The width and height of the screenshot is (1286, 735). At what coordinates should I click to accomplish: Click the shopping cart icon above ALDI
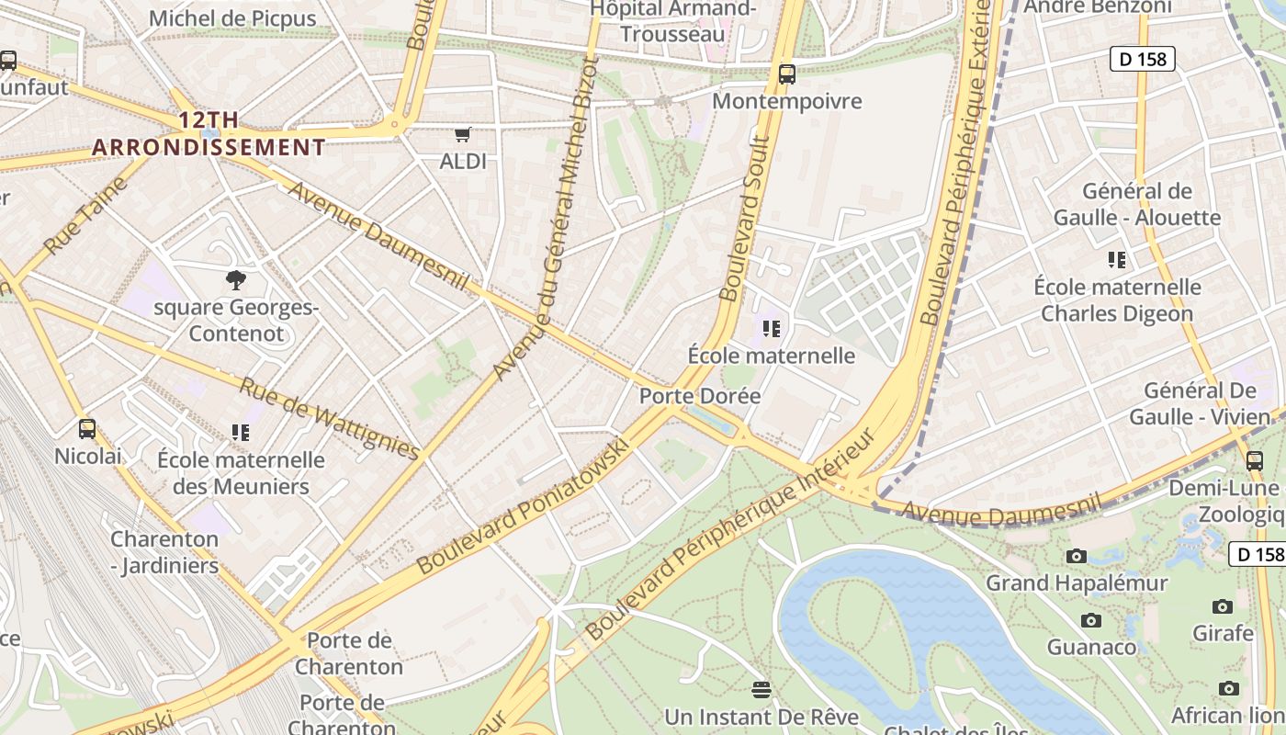(x=463, y=134)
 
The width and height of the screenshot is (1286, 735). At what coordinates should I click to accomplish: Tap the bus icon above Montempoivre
(x=786, y=74)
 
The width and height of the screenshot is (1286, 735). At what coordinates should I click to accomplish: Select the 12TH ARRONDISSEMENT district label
(x=209, y=133)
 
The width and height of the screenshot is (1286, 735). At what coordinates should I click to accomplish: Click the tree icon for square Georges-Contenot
(x=235, y=280)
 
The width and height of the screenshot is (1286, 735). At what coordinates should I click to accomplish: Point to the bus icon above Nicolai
(x=87, y=429)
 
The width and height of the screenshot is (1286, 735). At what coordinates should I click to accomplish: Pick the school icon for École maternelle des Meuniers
(x=241, y=432)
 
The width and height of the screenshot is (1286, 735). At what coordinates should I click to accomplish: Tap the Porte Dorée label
(x=700, y=396)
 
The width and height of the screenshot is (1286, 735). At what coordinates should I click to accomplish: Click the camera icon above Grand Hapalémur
(x=1077, y=556)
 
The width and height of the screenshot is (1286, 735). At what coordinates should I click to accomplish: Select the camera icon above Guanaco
(x=1091, y=620)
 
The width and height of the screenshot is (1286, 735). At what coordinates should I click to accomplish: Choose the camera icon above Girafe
(x=1223, y=606)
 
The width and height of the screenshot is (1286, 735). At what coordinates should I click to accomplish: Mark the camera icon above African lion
(x=1228, y=688)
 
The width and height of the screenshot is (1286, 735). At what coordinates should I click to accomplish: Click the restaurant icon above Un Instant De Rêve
(x=761, y=689)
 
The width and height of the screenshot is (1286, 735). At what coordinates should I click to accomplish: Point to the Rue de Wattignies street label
(x=330, y=418)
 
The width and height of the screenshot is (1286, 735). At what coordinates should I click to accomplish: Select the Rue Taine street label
(x=85, y=216)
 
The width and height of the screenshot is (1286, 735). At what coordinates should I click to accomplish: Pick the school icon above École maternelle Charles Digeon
(x=1117, y=260)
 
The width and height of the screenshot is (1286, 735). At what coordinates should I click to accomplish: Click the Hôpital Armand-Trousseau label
(x=673, y=21)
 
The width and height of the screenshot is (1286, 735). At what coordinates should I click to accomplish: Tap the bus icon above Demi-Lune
(x=1255, y=460)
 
